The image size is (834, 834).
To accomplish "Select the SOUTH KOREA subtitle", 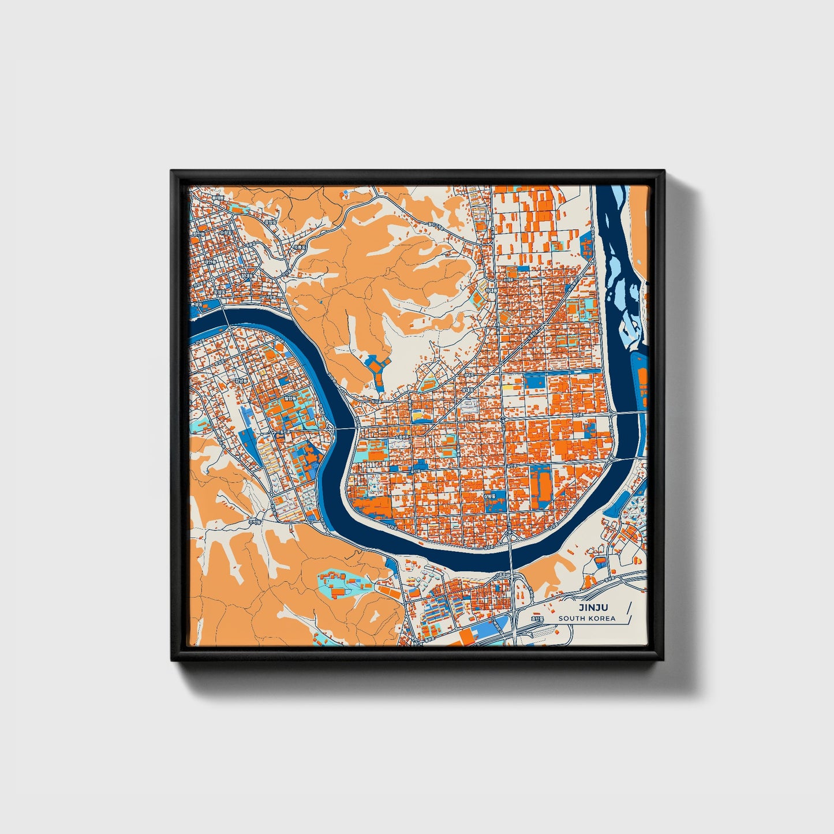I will click(586, 618).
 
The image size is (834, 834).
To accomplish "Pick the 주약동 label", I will click(255, 521).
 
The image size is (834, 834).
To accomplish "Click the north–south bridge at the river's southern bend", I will click(511, 554).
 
